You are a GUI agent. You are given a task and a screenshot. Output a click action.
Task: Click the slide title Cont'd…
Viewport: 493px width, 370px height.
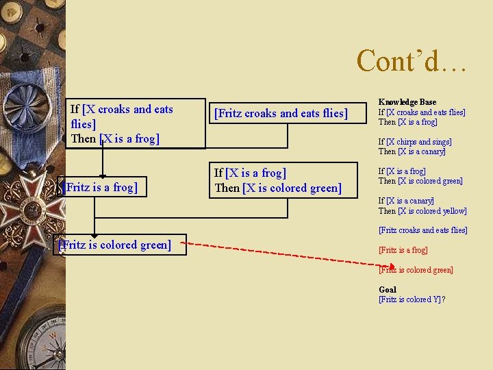coord(412,60)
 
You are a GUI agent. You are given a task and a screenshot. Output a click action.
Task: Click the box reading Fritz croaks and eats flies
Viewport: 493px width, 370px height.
coord(281,113)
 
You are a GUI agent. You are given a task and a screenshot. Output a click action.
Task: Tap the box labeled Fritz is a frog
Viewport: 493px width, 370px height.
coord(101,187)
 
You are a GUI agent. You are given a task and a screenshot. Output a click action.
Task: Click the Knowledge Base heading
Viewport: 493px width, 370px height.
coord(407,102)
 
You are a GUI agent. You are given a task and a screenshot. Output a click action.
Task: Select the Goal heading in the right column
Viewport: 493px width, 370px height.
coord(388,289)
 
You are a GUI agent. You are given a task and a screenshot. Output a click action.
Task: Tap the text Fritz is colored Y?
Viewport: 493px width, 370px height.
coord(412,299)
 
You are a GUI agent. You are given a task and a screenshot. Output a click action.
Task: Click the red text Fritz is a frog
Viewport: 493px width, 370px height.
coord(403,250)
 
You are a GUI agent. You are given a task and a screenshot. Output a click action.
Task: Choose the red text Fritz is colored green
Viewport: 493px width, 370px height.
coord(416,270)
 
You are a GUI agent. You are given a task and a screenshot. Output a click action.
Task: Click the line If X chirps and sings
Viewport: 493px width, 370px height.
coord(415,142)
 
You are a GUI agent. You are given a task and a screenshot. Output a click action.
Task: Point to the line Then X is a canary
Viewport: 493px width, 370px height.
coord(412,151)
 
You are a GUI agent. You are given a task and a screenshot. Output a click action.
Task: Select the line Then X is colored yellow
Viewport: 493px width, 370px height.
coord(422,211)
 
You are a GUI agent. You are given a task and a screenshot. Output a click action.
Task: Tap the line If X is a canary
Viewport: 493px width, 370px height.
coord(406,201)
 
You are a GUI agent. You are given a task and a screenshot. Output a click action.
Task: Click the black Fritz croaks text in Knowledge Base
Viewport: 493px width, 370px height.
coord(422,230)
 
